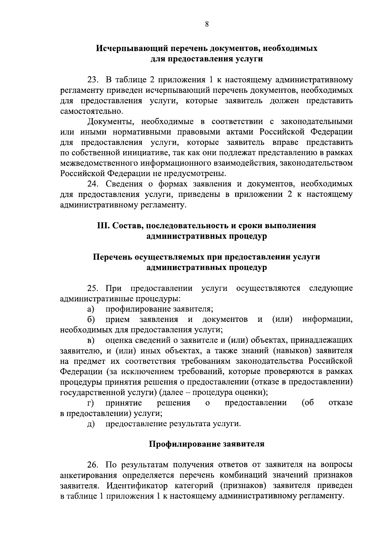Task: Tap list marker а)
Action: [x=90, y=309]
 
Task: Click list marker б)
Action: [x=90, y=320]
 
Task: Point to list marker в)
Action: [x=90, y=340]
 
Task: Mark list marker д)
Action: [x=90, y=424]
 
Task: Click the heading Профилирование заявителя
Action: [x=207, y=444]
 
